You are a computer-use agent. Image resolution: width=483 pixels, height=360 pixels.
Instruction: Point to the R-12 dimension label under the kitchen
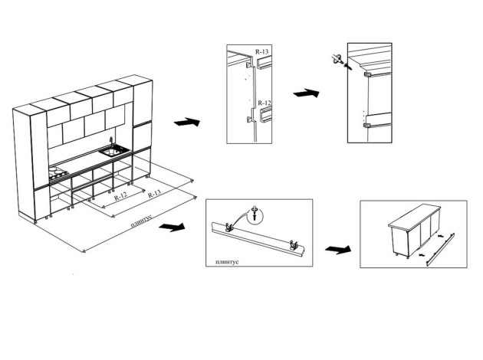(x=120, y=197)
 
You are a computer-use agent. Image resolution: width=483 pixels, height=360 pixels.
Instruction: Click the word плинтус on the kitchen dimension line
(x=141, y=223)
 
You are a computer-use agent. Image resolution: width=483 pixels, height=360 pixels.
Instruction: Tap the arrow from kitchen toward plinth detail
(x=174, y=227)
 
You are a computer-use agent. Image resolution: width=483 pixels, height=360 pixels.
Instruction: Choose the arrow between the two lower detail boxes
(x=337, y=250)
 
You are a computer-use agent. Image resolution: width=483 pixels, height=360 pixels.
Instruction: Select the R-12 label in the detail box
(x=264, y=102)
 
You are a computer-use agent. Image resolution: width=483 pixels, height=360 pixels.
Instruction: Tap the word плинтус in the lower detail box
(x=222, y=261)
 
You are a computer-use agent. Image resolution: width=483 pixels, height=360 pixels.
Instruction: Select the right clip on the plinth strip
(x=294, y=244)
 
